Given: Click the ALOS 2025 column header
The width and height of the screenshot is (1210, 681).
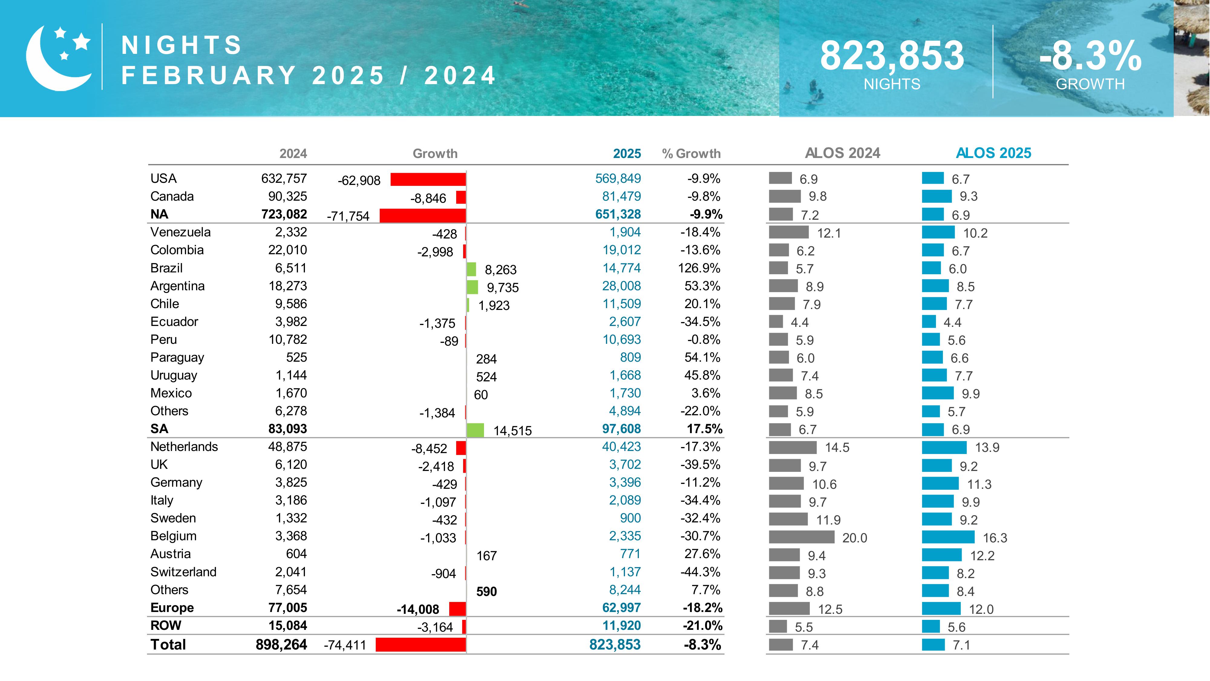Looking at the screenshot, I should (x=993, y=153).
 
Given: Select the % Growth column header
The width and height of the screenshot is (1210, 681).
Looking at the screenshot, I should (x=691, y=154).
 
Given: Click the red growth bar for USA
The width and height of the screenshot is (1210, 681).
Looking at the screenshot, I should (x=428, y=179).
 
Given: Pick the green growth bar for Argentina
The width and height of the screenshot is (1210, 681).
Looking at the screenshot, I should (x=473, y=287).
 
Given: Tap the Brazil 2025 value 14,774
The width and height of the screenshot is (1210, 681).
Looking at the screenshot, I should (x=621, y=268).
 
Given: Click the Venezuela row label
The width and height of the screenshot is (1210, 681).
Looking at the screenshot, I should (x=180, y=232).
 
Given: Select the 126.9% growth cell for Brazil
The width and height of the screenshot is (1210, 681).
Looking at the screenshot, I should (x=699, y=268).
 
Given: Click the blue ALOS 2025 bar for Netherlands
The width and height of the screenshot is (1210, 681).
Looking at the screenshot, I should (x=944, y=447).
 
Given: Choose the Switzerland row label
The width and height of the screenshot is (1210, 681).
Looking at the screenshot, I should (x=183, y=572).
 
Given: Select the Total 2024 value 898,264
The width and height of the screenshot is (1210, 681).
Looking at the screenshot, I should (x=281, y=645).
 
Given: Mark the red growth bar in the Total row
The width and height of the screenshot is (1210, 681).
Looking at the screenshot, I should (x=421, y=645).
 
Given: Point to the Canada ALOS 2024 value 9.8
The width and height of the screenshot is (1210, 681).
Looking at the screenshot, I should (x=818, y=196).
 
